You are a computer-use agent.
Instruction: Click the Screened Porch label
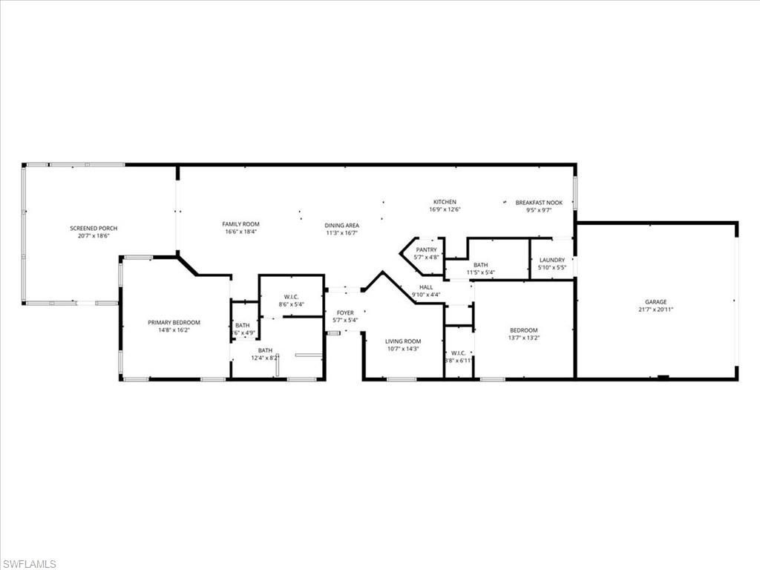94,228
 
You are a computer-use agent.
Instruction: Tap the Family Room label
241,224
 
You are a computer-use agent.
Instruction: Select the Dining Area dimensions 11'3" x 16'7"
341,233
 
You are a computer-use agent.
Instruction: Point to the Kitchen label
445,202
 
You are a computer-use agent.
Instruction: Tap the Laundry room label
551,260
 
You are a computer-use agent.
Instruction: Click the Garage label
655,302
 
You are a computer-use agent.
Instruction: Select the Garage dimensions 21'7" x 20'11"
655,309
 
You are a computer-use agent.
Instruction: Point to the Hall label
425,287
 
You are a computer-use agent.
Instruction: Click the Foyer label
345,313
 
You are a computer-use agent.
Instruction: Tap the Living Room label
403,341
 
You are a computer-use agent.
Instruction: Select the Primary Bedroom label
174,322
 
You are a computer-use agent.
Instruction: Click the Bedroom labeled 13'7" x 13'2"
523,334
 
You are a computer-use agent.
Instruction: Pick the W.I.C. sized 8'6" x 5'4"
291,300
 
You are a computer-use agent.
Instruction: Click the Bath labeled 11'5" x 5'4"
481,269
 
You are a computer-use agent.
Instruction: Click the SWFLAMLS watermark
29,564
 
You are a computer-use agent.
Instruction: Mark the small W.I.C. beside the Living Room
458,356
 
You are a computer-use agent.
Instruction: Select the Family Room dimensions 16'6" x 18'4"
241,232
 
